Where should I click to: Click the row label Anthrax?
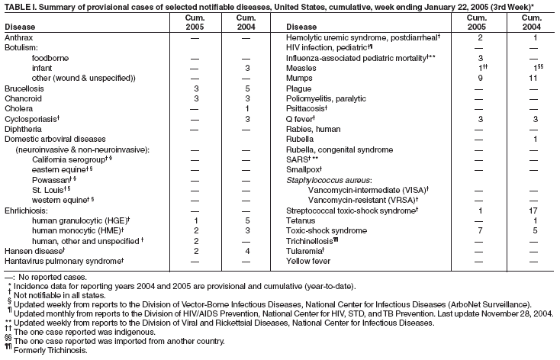[x=18, y=37]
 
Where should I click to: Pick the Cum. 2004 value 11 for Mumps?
[x=534, y=77]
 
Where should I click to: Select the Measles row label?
[x=301, y=68]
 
